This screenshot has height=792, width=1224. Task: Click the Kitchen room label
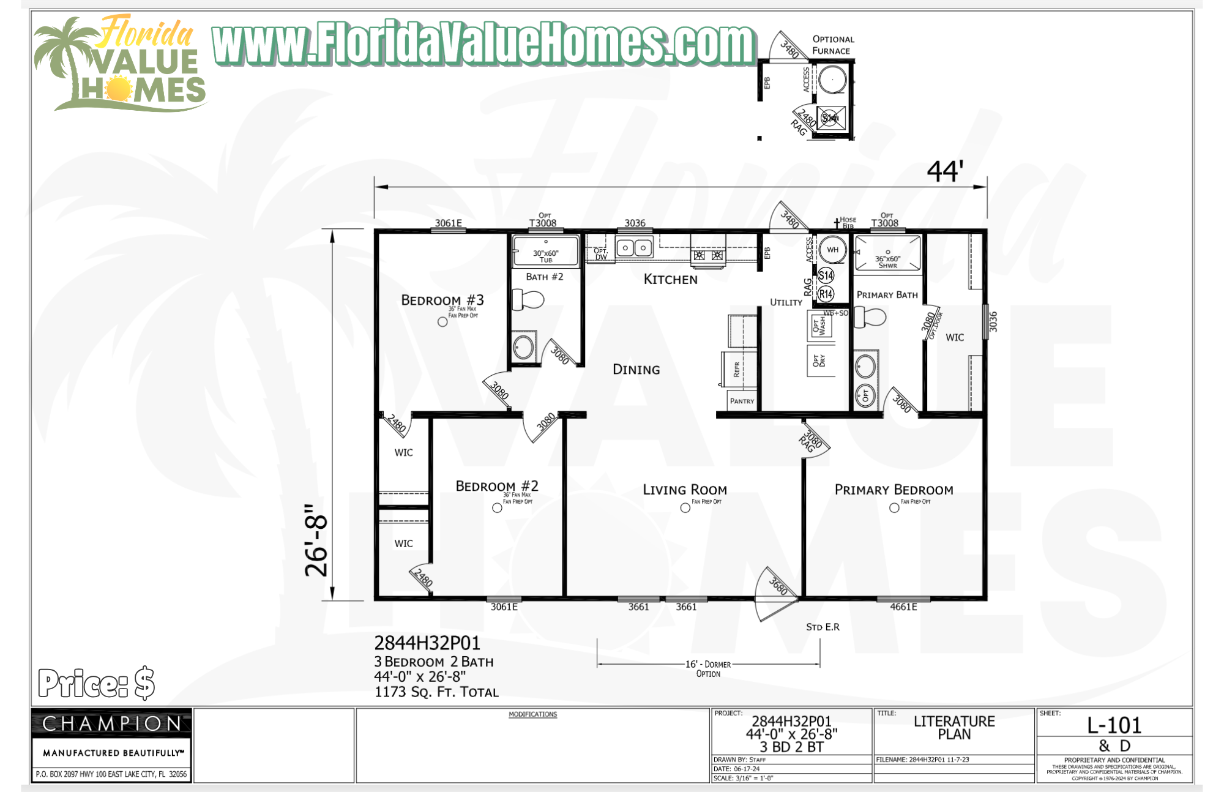coord(670,279)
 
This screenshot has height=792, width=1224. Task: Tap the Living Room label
coord(684,490)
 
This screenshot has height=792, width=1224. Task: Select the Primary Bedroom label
coord(894,490)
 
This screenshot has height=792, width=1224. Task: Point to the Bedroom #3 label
coord(442,300)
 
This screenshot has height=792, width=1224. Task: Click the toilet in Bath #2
coord(528,300)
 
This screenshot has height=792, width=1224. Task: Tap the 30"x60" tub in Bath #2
coord(545,252)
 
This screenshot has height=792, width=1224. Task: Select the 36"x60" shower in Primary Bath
coord(887,253)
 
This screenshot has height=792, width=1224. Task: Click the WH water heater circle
coord(832,250)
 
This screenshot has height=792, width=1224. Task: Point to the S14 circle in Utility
coord(826,275)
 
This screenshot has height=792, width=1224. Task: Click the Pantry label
coord(742,401)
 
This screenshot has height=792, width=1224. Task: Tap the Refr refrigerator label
coord(737,368)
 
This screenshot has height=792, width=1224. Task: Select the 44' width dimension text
coord(945,171)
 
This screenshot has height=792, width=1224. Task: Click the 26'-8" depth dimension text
coord(317,540)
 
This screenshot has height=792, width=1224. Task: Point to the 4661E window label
coord(903,607)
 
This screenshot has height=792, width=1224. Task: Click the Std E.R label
coord(823,627)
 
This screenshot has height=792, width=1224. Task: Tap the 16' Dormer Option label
coord(708,668)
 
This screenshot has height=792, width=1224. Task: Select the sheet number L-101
coord(1114,725)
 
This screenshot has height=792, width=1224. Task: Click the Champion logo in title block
coord(111,724)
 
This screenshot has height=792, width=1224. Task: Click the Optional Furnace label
coord(832,45)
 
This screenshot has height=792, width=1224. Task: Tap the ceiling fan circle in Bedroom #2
coord(497,507)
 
